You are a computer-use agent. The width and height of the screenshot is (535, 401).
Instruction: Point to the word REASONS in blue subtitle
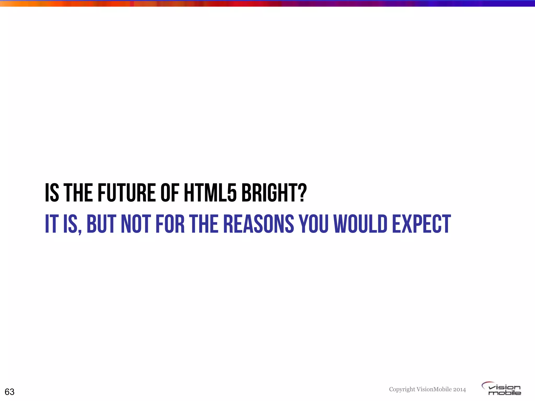pyautogui.click(x=259, y=224)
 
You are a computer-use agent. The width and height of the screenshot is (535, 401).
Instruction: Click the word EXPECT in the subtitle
pyautogui.click(x=421, y=224)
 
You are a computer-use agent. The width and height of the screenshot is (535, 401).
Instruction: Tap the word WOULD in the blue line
pyautogui.click(x=360, y=224)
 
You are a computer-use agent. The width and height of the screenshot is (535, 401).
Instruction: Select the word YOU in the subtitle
pyautogui.click(x=314, y=224)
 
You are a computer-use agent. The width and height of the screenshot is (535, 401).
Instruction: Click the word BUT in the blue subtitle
pyautogui.click(x=101, y=224)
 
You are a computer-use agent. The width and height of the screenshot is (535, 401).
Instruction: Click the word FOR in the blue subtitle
pyautogui.click(x=170, y=224)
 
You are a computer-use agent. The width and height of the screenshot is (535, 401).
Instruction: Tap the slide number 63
pyautogui.click(x=10, y=392)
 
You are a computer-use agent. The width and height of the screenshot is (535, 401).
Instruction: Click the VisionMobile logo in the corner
pyautogui.click(x=502, y=389)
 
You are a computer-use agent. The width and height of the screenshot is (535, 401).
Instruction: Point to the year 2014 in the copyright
pyautogui.click(x=460, y=390)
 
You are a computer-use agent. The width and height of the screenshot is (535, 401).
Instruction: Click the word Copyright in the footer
pyautogui.click(x=402, y=390)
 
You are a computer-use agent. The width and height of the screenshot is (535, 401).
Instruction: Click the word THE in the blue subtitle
pyautogui.click(x=204, y=224)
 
